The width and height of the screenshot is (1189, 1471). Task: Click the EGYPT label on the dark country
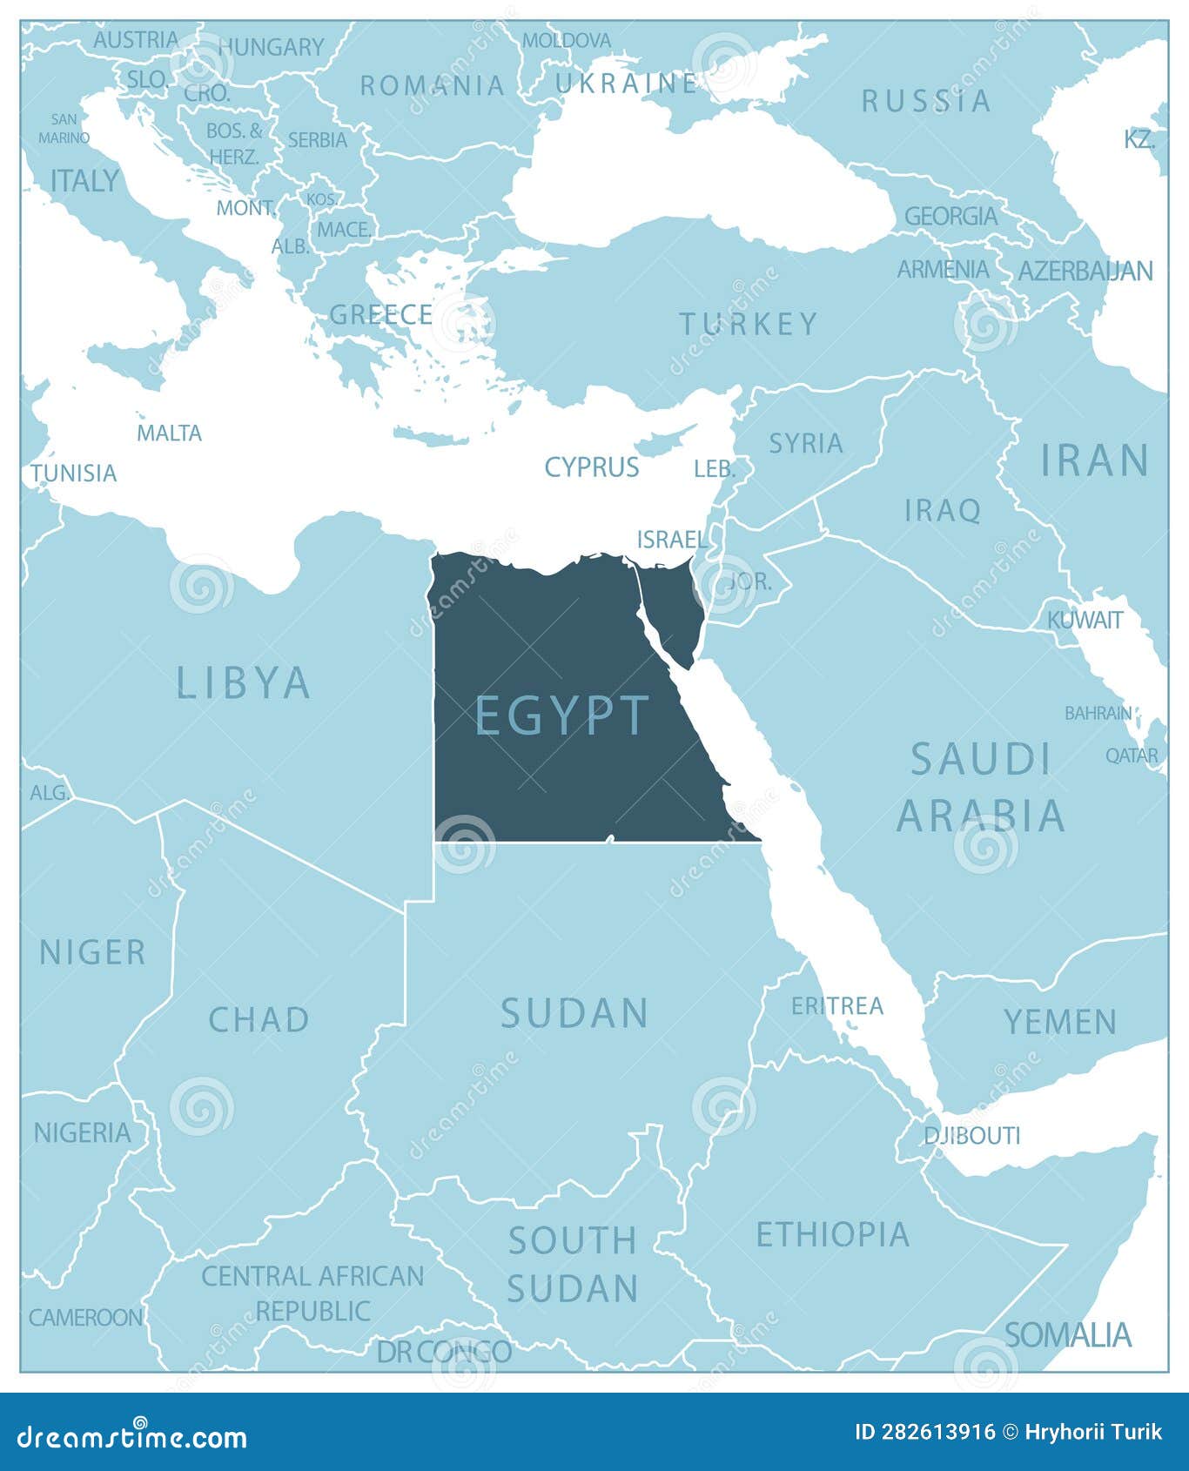pos(562,715)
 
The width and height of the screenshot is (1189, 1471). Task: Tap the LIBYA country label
pos(244,682)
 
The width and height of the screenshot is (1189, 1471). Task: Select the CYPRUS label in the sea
pos(592,467)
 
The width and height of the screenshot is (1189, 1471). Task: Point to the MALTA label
pos(169,433)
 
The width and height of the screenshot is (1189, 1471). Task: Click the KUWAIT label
pos(1085,620)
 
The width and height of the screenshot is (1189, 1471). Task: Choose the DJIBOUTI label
pos(971,1135)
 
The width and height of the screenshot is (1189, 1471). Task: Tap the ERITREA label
pos(836,1006)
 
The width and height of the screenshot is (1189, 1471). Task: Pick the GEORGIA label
pos(951,216)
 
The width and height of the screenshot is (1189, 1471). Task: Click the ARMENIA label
pos(943,270)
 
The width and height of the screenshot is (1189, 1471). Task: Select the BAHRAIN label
pos(1098,713)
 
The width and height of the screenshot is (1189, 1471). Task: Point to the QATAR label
pos(1132,756)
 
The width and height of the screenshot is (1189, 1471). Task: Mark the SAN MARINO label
pos(64,128)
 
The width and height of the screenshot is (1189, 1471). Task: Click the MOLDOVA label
pos(567,40)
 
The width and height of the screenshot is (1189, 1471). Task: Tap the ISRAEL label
pos(672,540)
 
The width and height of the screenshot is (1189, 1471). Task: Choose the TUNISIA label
pos(74,473)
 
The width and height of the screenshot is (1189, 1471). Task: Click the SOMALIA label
pos(1068,1334)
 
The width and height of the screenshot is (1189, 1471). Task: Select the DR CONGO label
pos(444,1351)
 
